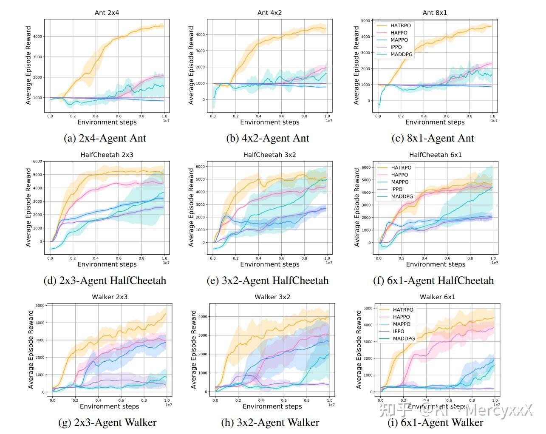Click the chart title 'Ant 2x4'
pos(107,13)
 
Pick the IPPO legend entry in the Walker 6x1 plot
pos(398,331)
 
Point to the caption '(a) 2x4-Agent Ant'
pos(105,138)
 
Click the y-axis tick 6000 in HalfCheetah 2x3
pos(37,162)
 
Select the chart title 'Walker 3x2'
pos(272,297)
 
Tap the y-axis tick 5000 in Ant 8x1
pos(365,20)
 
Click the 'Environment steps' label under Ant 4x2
pos(269,122)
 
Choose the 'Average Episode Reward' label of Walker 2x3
pos(31,349)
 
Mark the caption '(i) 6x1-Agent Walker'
pos(435,423)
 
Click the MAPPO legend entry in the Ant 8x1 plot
pos(399,40)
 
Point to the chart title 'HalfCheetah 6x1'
pos(435,155)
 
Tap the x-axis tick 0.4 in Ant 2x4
pos(96,116)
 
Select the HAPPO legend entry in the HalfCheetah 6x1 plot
pos(399,175)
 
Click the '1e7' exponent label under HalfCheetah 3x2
pos(329,263)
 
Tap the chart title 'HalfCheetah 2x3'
pos(107,155)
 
